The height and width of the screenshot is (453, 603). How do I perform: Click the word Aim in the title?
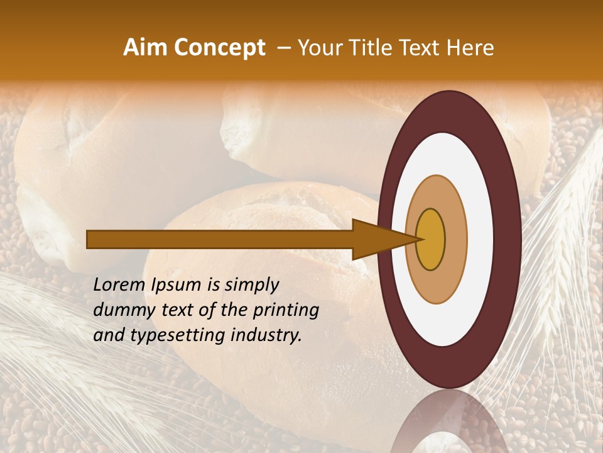click(145, 48)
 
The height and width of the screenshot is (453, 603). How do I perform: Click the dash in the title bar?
click(282, 48)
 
